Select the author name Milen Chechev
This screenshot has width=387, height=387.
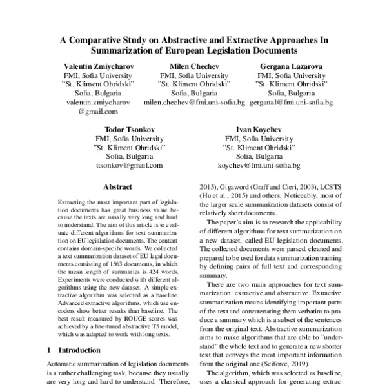click(x=193, y=66)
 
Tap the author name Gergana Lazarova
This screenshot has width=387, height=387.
click(x=291, y=66)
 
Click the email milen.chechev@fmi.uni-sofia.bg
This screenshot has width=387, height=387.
click(x=194, y=103)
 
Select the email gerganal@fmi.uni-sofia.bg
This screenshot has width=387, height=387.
click(x=291, y=103)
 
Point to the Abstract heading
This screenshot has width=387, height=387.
click(x=117, y=187)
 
